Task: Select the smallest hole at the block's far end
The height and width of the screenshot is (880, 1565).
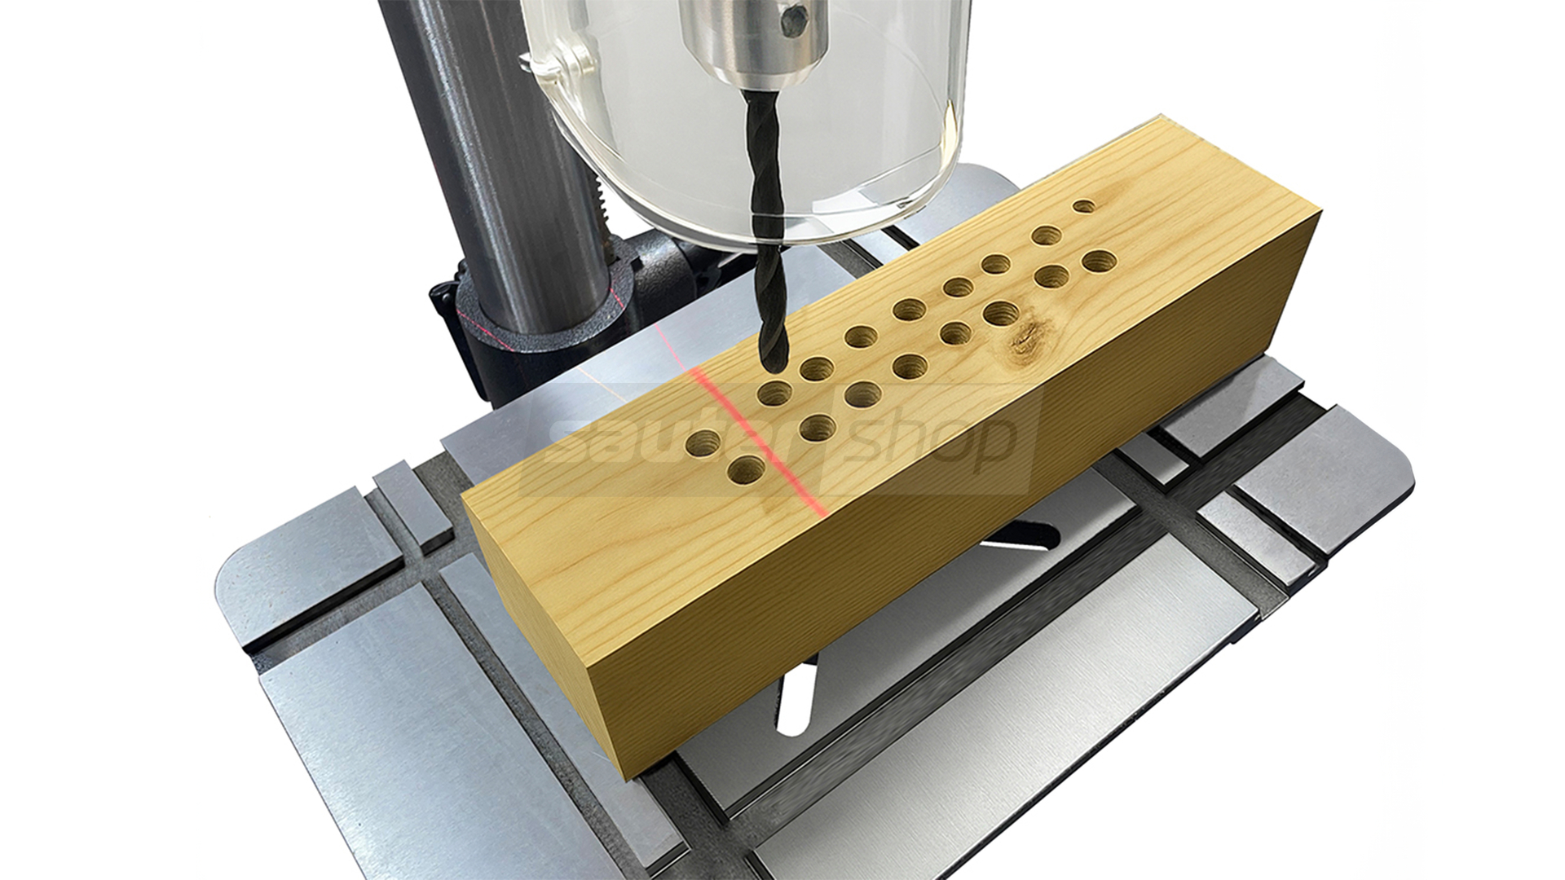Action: [1084, 206]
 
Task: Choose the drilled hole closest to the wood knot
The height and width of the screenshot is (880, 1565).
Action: [1002, 312]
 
